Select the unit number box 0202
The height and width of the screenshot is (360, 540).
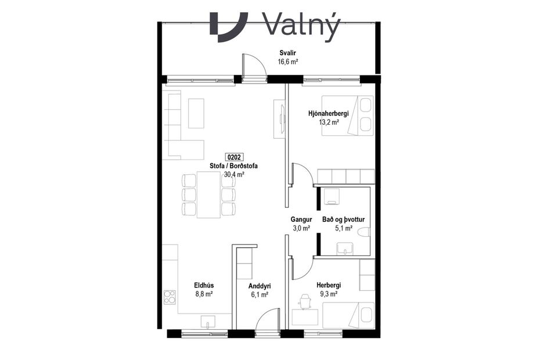[234, 157]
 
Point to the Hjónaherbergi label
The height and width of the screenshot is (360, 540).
[332, 114]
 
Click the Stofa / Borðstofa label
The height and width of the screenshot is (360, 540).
[233, 166]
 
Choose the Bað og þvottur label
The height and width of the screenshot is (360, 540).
[344, 219]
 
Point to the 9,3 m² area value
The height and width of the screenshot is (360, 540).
[329, 294]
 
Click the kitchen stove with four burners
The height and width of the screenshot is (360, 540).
[170, 297]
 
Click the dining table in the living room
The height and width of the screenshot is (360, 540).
[208, 195]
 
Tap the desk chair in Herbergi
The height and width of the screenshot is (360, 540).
[304, 300]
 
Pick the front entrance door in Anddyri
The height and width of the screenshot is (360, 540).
[267, 322]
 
